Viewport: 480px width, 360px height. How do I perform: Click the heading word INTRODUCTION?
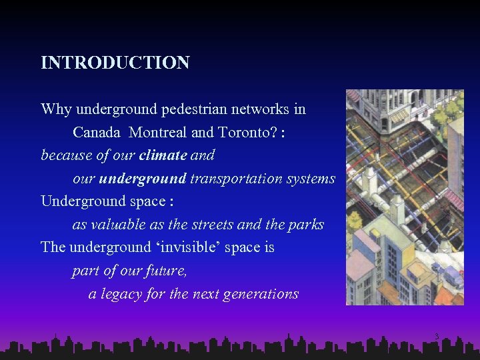tap(115, 63)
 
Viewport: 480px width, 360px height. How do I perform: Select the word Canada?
tap(97, 132)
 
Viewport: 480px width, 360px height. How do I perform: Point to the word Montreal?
tap(158, 132)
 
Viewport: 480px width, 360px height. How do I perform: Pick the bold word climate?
tap(163, 155)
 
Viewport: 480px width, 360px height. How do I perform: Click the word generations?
tap(260, 294)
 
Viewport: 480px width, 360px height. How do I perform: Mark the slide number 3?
tap(436, 338)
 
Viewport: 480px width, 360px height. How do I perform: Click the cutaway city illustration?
tap(405, 197)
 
